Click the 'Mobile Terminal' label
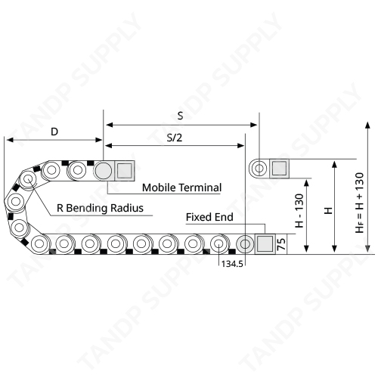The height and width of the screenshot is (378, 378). (181, 187)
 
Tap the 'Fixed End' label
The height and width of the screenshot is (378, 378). (209, 217)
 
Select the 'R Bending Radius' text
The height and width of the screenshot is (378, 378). (100, 209)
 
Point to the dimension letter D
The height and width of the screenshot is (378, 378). (54, 132)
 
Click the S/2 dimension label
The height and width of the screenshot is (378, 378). (175, 138)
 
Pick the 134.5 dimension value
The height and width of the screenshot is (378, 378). (232, 264)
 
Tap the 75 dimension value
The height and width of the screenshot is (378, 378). (281, 244)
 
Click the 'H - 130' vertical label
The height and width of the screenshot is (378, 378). (299, 210)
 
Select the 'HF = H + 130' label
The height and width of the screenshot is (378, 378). (360, 203)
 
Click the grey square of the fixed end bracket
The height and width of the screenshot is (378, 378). (265, 244)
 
